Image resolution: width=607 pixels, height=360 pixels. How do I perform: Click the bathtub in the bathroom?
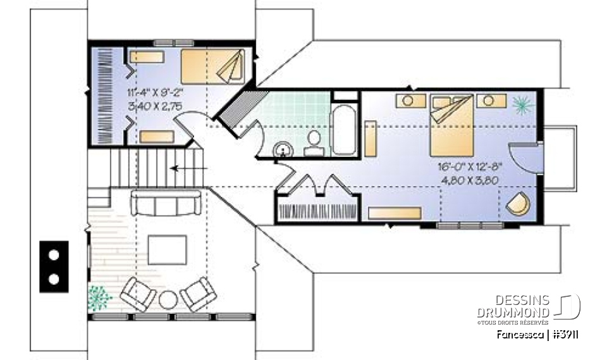[x=345, y=130]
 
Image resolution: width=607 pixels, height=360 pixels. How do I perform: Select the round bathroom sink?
[x=283, y=149]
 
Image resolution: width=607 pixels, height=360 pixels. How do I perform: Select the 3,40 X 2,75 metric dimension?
[x=155, y=108]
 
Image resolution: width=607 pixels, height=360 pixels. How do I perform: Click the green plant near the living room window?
[x=98, y=296]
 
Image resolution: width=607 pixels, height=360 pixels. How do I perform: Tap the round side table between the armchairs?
[x=169, y=299]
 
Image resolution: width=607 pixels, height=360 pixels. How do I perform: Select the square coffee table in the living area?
[x=167, y=249]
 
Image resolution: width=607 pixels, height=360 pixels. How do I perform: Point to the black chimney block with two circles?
[x=54, y=266]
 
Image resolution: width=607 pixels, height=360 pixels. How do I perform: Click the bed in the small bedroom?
[x=212, y=65]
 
